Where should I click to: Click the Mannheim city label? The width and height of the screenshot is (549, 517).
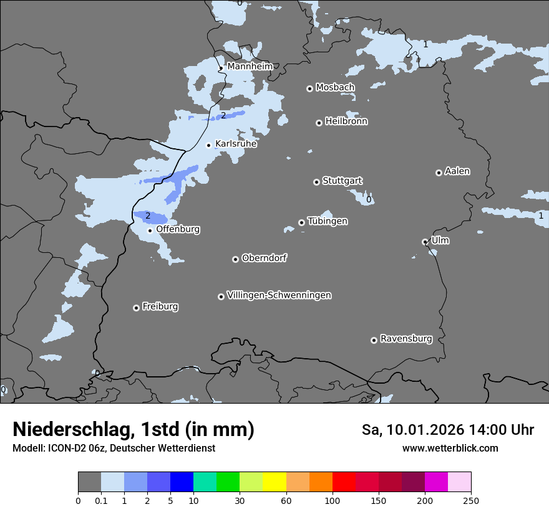[x=250, y=66]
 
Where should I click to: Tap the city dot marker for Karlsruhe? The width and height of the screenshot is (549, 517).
[x=209, y=145]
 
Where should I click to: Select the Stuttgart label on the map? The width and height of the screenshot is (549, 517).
[x=342, y=181]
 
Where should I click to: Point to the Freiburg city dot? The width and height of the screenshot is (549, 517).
[x=136, y=308]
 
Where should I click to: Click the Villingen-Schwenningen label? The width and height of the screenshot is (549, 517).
[x=279, y=295]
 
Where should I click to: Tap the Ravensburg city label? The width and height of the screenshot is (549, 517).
[x=406, y=339]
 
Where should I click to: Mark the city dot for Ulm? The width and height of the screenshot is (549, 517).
[x=425, y=242]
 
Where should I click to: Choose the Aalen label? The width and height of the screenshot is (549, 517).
[x=457, y=171]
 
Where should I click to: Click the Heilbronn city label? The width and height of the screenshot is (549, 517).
[x=346, y=121]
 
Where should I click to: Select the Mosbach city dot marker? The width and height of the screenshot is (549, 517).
[x=309, y=88]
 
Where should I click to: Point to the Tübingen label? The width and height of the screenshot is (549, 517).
[x=328, y=221]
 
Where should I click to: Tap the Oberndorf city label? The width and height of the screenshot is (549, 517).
[x=264, y=258]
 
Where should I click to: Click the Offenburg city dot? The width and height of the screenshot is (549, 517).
[x=150, y=230]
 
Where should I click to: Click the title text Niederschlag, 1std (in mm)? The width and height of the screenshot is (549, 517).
[x=134, y=429]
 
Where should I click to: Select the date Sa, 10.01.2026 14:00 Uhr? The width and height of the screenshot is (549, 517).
[x=447, y=430]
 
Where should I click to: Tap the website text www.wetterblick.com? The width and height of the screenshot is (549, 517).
[x=450, y=448]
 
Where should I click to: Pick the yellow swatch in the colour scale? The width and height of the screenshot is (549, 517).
[x=274, y=482]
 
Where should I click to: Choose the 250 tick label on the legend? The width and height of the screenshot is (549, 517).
[x=470, y=500]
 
